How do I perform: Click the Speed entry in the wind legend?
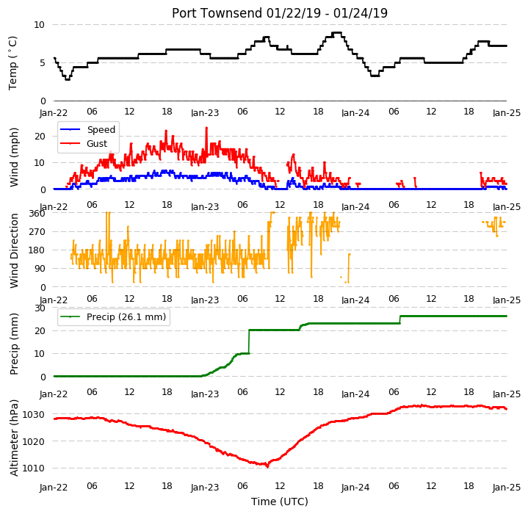pos(87,129)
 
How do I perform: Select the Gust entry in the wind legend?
pos(84,144)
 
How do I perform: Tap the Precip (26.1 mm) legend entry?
pos(113,317)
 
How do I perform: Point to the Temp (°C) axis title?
pos(12,63)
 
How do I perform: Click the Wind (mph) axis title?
pos(14,157)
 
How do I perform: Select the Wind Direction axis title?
pos(14,251)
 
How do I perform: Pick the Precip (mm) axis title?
pos(14,344)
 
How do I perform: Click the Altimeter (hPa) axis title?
pos(14,438)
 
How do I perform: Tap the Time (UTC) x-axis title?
pos(280,502)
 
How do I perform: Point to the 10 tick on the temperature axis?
pos(39,24)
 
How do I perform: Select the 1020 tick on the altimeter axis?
pos(33,441)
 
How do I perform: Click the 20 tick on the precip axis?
pos(40,331)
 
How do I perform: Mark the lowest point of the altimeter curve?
pos(268,466)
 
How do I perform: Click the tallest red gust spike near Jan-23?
pos(206,128)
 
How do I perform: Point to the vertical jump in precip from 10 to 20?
pos(249,341)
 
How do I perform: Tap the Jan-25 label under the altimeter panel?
pos(507,487)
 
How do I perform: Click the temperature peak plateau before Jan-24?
pos(337,32)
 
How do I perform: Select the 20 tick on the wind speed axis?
pos(40,137)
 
